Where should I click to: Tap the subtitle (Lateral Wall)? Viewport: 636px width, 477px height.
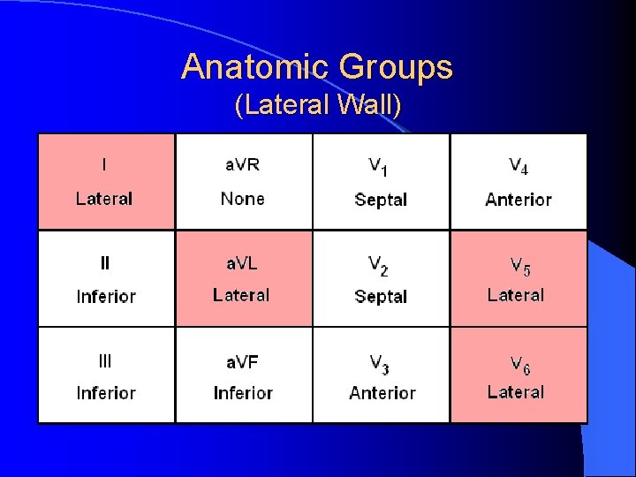(x=318, y=107)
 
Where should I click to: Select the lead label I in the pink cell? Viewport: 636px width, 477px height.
(x=104, y=164)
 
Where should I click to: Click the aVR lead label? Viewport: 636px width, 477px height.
(x=242, y=164)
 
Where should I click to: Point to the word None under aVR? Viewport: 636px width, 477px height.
(x=242, y=199)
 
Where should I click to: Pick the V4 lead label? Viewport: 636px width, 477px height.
(x=519, y=166)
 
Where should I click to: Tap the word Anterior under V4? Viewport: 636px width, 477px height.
(x=519, y=200)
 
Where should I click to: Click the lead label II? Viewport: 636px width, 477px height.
(x=105, y=262)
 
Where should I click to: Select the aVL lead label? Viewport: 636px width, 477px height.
(x=242, y=262)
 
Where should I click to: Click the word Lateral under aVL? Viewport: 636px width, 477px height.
(x=241, y=295)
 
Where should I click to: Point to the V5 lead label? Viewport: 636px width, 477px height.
(x=519, y=264)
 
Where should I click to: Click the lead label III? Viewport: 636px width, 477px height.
(x=105, y=360)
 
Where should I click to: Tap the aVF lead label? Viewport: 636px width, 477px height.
(x=242, y=360)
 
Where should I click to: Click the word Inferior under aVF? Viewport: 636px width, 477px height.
(x=243, y=393)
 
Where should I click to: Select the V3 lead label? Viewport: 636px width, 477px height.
(x=379, y=362)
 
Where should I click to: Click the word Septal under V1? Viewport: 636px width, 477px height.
(x=381, y=200)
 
